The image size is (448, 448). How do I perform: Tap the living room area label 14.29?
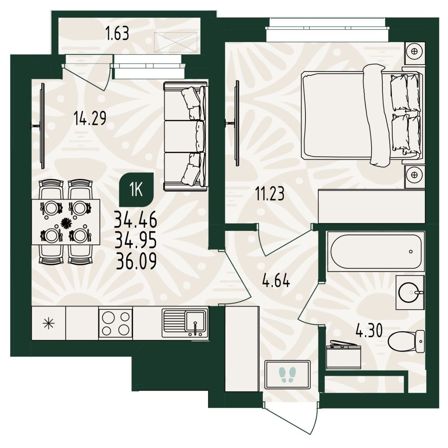point(90,118)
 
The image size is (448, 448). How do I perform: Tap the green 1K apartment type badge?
point(136,190)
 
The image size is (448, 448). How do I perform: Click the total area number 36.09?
point(136,261)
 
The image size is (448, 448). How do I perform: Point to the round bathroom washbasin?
point(410,292)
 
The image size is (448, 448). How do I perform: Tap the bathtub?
point(376,251)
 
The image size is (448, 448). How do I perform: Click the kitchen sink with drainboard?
point(185,323)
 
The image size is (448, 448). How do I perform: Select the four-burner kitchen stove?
point(116,323)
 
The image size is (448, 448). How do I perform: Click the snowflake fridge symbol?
point(49,323)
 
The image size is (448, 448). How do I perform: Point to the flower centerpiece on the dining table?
point(66,223)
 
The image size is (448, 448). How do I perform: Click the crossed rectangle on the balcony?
point(176,42)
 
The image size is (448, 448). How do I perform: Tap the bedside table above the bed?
point(415,53)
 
